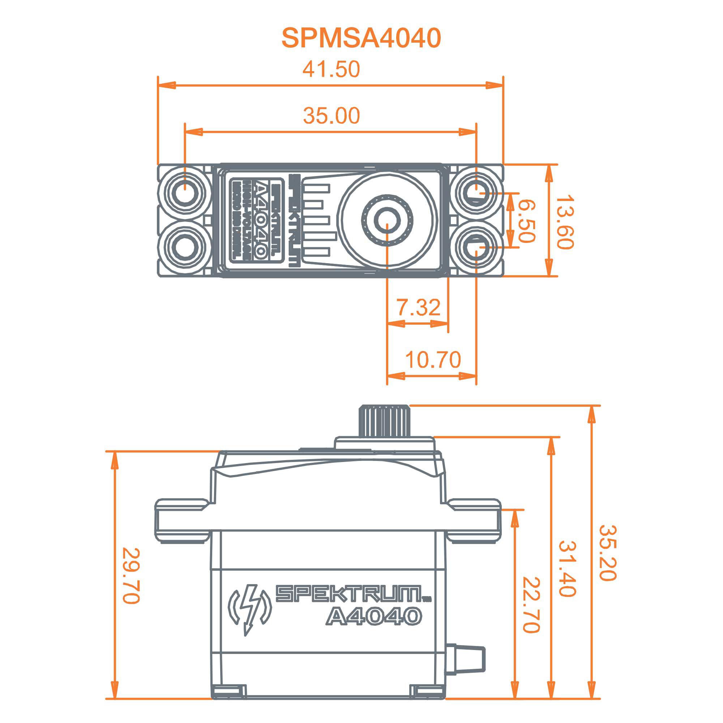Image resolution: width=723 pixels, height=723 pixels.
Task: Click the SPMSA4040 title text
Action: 361,38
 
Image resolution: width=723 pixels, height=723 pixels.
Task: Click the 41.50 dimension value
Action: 331,70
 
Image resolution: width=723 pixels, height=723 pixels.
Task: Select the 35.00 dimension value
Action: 331,116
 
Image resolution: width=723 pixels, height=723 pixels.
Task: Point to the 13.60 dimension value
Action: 564,222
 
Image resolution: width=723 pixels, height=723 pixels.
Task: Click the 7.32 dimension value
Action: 418,308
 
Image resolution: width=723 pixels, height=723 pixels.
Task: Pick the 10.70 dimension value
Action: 433,360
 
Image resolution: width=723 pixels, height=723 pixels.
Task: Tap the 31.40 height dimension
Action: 567,569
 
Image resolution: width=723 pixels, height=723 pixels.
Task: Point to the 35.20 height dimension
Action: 607,553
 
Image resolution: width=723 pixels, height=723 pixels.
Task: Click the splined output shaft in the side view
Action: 384,422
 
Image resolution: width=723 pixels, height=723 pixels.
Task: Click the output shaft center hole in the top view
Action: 387,221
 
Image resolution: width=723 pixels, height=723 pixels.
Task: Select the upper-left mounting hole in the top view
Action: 184,192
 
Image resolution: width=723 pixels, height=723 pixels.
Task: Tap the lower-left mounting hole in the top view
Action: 184,248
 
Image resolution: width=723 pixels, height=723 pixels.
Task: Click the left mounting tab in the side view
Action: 182,520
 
